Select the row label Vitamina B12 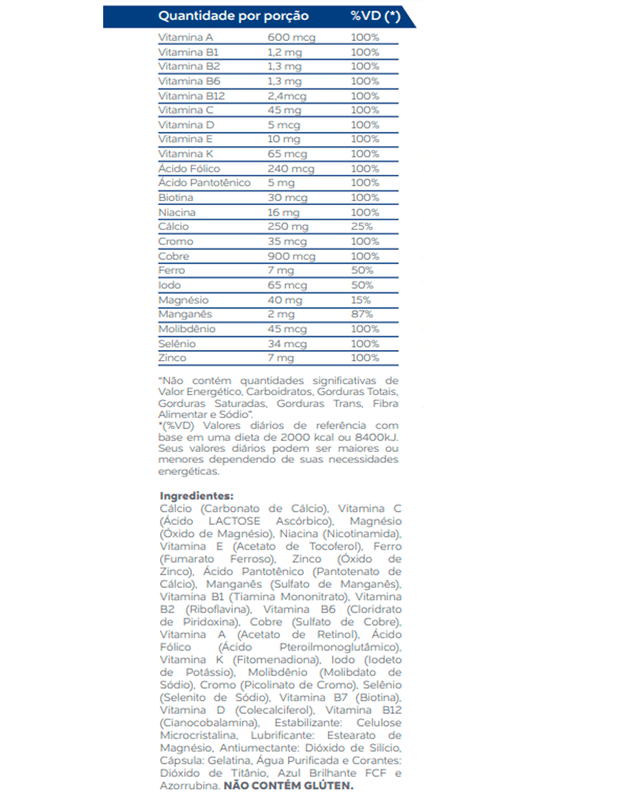tap(192, 95)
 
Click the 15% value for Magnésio tap(361, 300)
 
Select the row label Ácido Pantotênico tap(205, 183)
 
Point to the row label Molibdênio tap(187, 328)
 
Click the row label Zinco tap(173, 358)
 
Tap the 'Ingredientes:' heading tap(196, 495)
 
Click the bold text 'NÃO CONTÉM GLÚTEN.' tap(288, 787)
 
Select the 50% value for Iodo tap(362, 285)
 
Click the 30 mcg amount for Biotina tap(286, 197)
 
